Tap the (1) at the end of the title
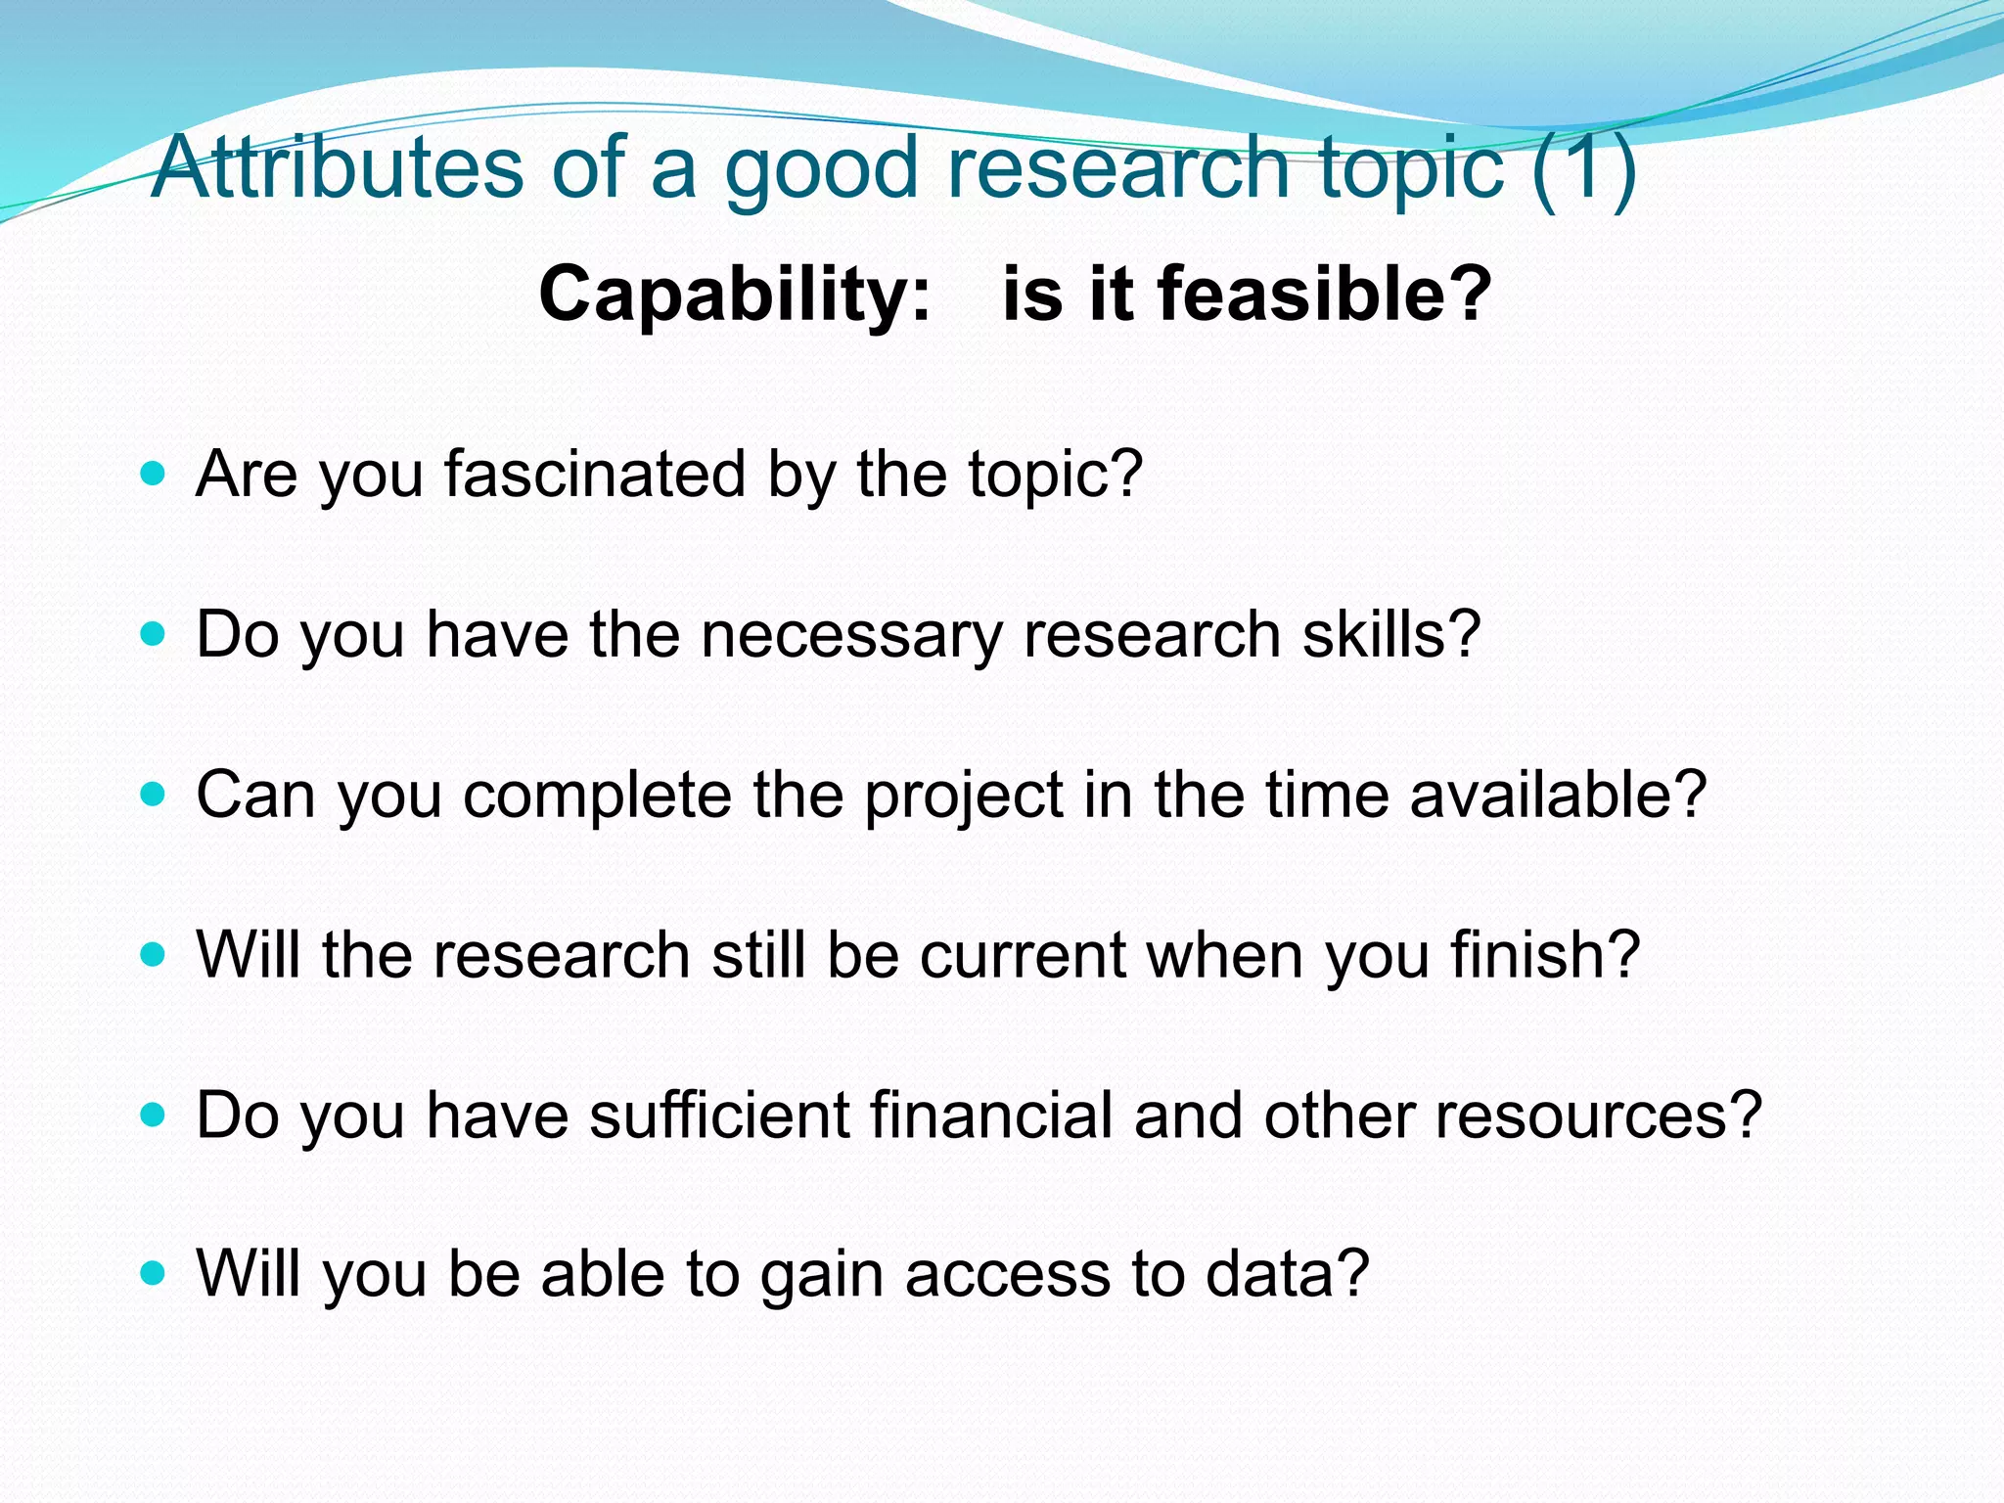1584,168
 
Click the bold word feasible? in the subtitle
1325,293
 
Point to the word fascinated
595,475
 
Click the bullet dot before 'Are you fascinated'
153,476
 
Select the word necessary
851,635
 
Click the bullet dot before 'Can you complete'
153,794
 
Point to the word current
1023,955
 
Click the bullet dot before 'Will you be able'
153,1274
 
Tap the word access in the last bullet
1007,1275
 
